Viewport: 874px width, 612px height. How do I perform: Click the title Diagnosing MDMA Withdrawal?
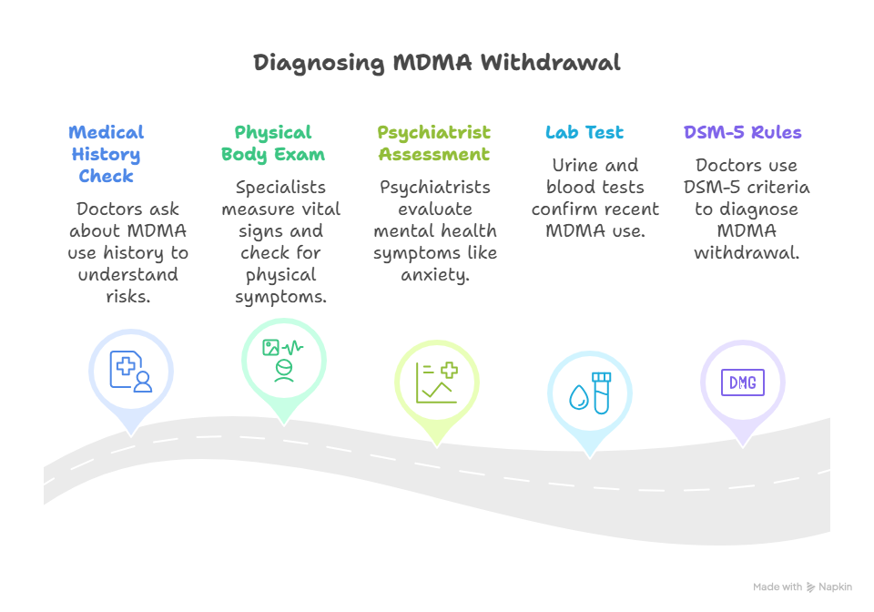click(437, 63)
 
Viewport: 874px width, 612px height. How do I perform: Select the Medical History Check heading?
click(107, 154)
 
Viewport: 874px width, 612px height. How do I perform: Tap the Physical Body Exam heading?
click(272, 143)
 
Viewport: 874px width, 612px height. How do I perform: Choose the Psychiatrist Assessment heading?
click(434, 143)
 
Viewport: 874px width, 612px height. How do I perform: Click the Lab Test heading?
click(584, 132)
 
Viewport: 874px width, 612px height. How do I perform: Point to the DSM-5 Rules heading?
click(743, 132)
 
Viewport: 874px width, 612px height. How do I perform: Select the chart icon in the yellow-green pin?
click(436, 382)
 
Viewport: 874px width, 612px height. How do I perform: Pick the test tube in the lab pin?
click(600, 393)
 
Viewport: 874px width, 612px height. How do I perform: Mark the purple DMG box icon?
click(742, 382)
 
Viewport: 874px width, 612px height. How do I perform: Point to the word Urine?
click(574, 165)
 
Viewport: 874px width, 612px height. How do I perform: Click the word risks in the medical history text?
click(128, 296)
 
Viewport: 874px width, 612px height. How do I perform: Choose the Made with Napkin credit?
click(802, 587)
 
